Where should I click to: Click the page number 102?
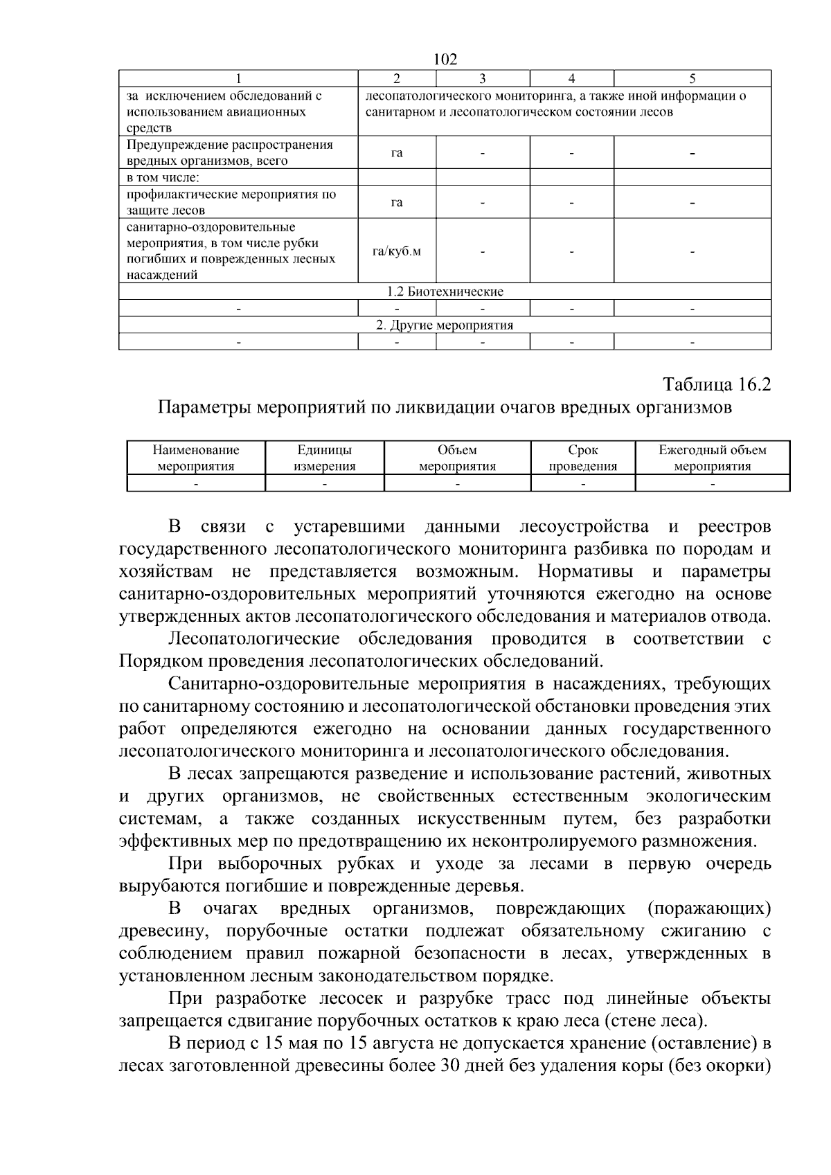[445, 60]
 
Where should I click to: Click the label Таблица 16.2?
[717, 384]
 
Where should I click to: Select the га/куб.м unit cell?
[397, 251]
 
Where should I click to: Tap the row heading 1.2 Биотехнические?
[445, 291]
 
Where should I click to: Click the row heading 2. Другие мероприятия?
[445, 325]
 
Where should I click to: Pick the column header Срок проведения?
[582, 458]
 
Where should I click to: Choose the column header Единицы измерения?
[324, 458]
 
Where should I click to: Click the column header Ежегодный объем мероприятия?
[712, 458]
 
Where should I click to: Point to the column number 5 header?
[692, 78]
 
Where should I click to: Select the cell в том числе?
[161, 177]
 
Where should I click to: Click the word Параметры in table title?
[204, 407]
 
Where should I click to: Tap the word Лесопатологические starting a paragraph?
[254, 638]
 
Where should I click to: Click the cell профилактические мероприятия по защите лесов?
[231, 202]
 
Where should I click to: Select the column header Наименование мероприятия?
[196, 458]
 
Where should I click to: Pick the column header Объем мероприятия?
[457, 458]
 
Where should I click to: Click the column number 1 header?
[238, 78]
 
